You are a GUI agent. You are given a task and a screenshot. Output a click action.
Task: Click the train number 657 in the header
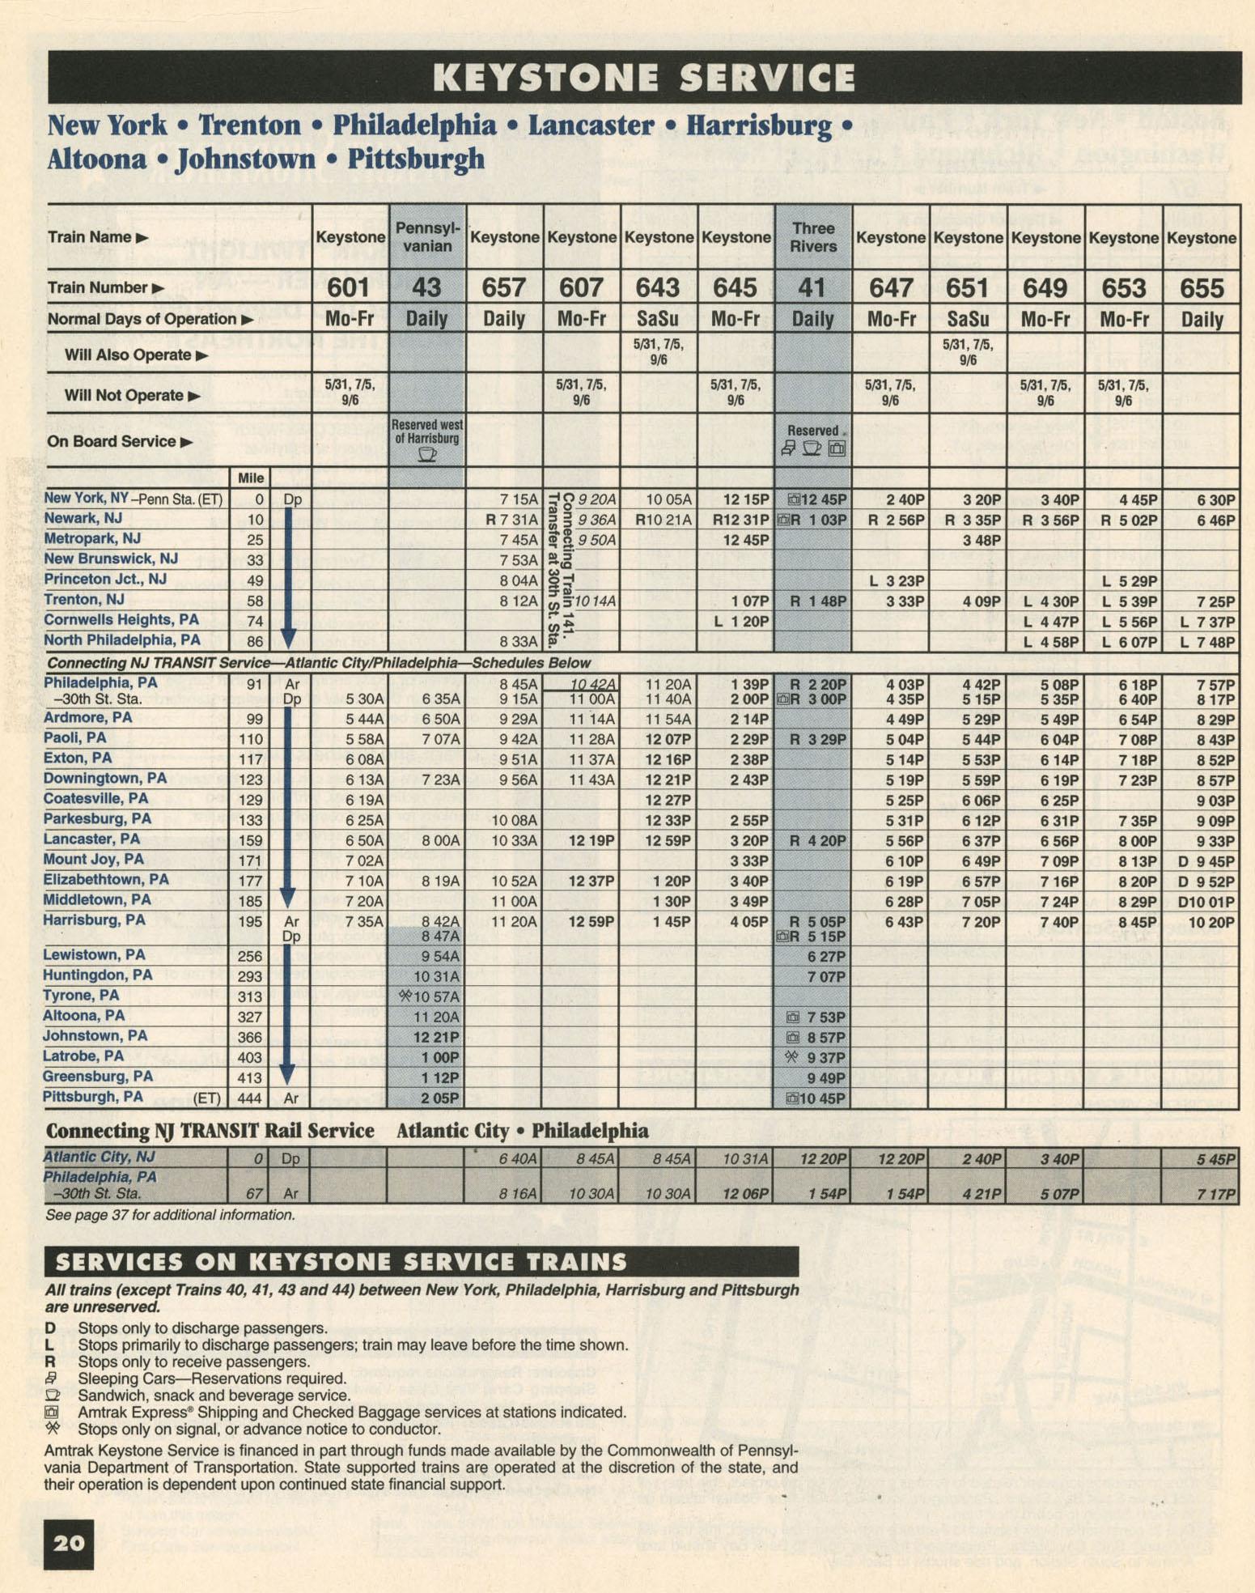tap(503, 288)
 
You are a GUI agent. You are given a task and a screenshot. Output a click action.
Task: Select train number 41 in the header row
tap(812, 288)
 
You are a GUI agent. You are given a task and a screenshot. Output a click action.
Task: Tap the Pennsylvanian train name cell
tap(427, 236)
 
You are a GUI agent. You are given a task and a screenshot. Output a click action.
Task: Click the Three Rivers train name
tap(812, 236)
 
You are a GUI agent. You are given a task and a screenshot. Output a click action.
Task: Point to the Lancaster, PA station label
tap(91, 839)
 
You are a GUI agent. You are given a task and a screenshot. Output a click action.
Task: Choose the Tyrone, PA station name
tap(81, 996)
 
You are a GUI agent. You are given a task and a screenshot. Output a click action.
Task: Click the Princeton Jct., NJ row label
tap(104, 579)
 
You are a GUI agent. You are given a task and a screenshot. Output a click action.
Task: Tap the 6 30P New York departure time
tap(1215, 500)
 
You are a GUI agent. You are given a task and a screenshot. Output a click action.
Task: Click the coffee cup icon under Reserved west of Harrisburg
tap(426, 454)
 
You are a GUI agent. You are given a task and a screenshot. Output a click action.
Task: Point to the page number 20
tap(69, 1543)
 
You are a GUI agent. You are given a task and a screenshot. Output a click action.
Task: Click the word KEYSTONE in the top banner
tap(547, 79)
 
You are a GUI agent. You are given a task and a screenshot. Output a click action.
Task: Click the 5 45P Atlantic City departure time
tap(1215, 1159)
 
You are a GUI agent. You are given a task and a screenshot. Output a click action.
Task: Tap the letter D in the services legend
tap(50, 1328)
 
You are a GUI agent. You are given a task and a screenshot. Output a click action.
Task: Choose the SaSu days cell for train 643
tap(658, 319)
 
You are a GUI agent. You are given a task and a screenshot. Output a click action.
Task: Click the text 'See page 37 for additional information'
tap(170, 1215)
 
